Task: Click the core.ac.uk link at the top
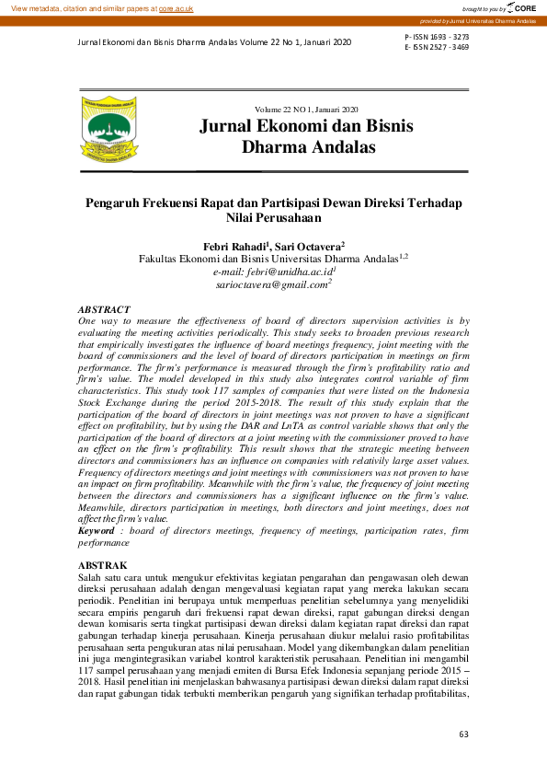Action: [x=177, y=7]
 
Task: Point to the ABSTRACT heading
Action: [x=104, y=310]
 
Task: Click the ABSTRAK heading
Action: [x=102, y=565]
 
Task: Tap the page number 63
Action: [x=463, y=735]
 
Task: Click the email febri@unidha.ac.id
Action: [x=273, y=272]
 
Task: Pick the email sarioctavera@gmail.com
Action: [x=272, y=286]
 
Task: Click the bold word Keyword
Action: [x=97, y=531]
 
